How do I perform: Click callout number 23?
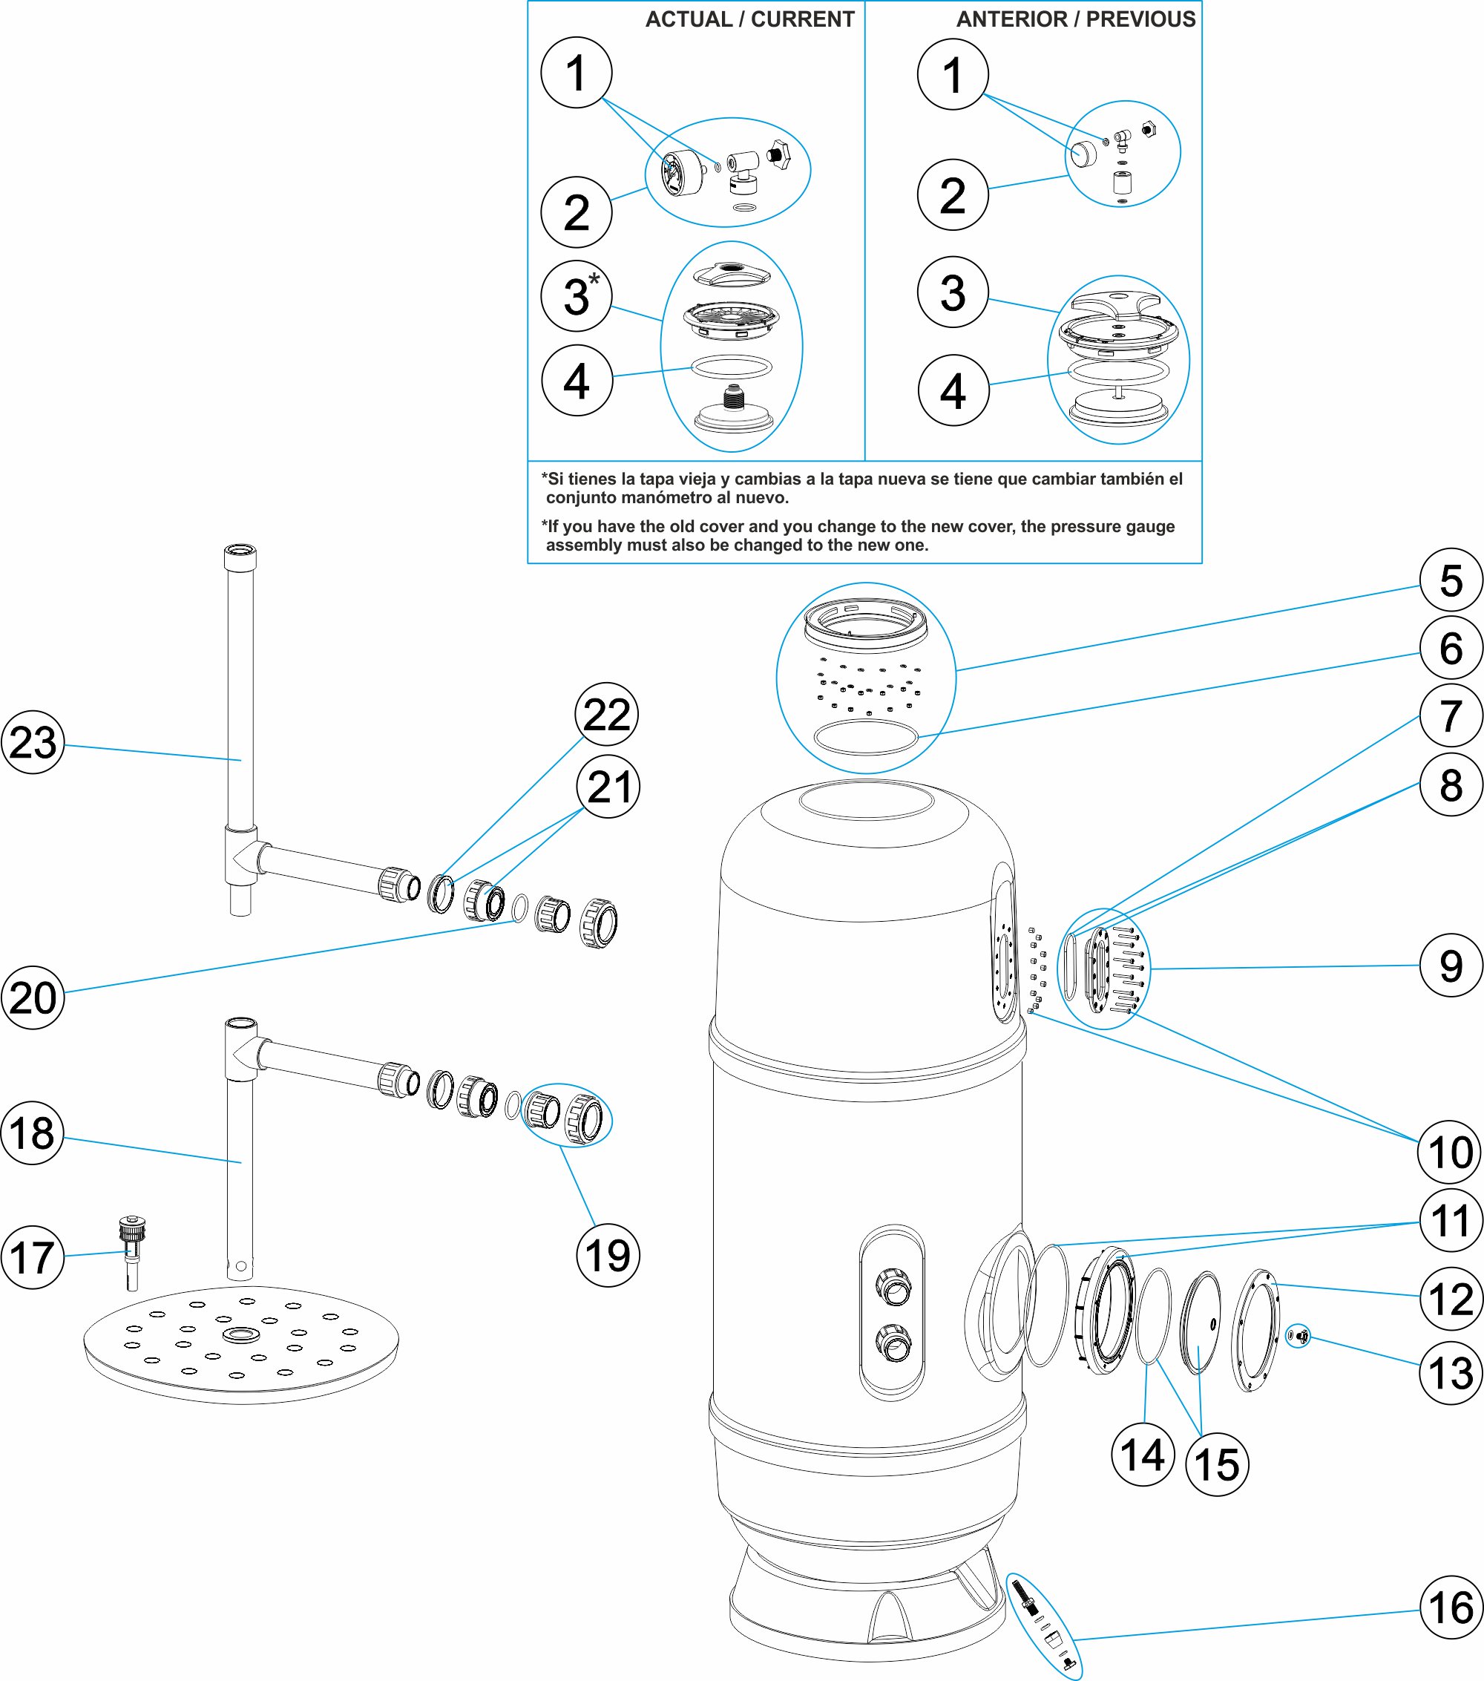pos(33,742)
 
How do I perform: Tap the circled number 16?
pos(1451,1607)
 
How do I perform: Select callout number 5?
pos(1451,580)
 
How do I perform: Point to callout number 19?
pos(608,1255)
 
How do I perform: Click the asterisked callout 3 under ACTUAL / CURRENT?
pos(577,296)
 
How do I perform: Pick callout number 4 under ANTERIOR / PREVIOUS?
pos(953,390)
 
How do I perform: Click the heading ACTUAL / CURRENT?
pos(750,20)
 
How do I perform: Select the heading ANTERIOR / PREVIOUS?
pos(1075,20)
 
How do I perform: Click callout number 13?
pos(1451,1372)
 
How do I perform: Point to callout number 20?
pos(33,997)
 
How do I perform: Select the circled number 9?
pos(1451,966)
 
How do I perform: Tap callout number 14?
pos(1142,1455)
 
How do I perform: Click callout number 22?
pos(607,714)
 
